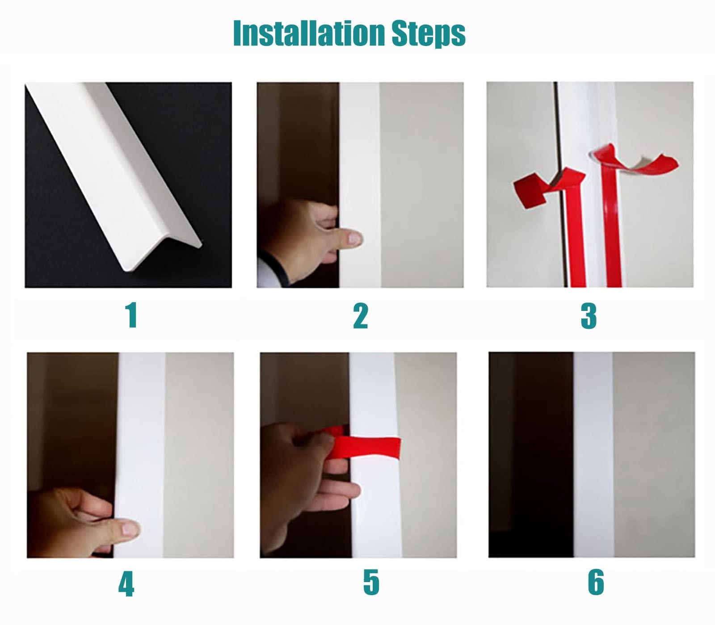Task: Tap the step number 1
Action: tap(131, 315)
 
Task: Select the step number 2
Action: tap(360, 316)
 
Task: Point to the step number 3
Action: tap(589, 316)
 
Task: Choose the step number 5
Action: tap(371, 582)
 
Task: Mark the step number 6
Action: tap(596, 582)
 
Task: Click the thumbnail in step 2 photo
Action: tap(354, 238)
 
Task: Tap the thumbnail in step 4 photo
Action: tap(129, 530)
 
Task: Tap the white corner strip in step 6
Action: tap(593, 456)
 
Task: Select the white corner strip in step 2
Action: tap(360, 156)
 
